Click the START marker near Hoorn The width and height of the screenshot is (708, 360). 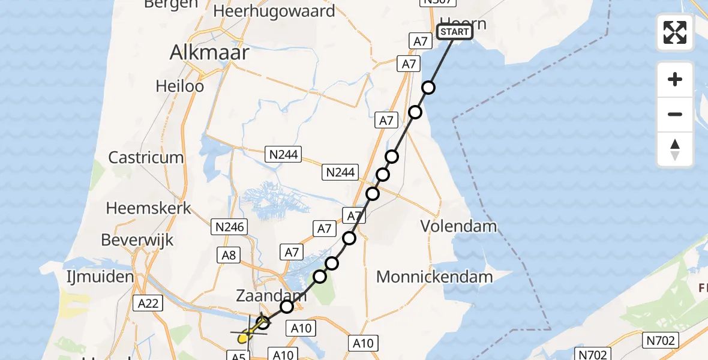[455, 32]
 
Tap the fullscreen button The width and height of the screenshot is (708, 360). [675, 32]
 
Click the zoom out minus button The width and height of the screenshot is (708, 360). [675, 114]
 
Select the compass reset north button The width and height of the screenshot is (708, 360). [675, 149]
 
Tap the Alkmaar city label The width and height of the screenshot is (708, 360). [209, 53]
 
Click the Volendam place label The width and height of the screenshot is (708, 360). [459, 226]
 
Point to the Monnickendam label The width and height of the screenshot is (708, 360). [434, 277]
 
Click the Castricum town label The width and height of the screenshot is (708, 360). [146, 157]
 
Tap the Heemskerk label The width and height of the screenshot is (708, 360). [149, 208]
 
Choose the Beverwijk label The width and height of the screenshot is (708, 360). [137, 240]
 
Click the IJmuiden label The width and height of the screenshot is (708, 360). [100, 277]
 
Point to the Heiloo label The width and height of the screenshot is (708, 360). [180, 86]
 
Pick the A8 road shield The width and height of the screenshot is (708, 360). [229, 255]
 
